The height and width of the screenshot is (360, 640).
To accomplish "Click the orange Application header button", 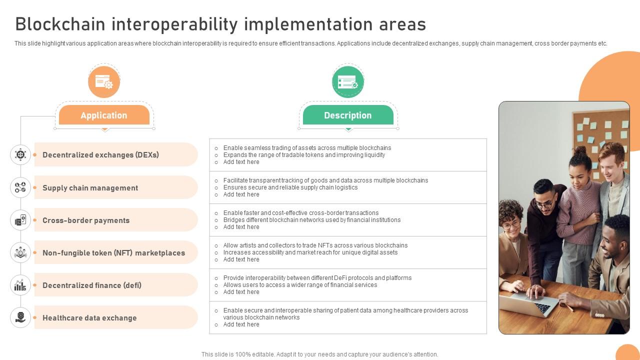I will point(104,115).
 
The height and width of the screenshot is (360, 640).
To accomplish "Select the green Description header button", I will point(348,115).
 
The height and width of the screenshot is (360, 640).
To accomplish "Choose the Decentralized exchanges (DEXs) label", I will point(100,155).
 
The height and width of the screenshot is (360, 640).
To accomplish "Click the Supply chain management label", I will point(90,188).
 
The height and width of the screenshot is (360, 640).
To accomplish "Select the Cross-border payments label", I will point(86,220).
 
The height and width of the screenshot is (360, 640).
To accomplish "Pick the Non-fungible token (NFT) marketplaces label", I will point(113,253).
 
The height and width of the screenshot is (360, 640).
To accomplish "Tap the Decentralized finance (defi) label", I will point(92,285).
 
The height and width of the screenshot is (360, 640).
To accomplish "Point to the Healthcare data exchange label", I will point(89,318).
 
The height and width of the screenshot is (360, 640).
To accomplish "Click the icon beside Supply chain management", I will point(20,187).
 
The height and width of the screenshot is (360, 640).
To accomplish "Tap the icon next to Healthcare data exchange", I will point(20,317).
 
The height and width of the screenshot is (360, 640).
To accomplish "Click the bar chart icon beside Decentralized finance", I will point(20,285).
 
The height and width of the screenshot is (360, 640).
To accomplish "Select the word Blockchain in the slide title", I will point(60,24).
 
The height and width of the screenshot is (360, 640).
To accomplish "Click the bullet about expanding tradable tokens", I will point(304,155).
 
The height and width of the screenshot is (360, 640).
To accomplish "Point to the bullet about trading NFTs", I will point(315,245).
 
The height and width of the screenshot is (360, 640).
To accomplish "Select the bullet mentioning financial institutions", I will point(311,220).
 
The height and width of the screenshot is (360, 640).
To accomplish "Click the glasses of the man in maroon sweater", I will point(544,204).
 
